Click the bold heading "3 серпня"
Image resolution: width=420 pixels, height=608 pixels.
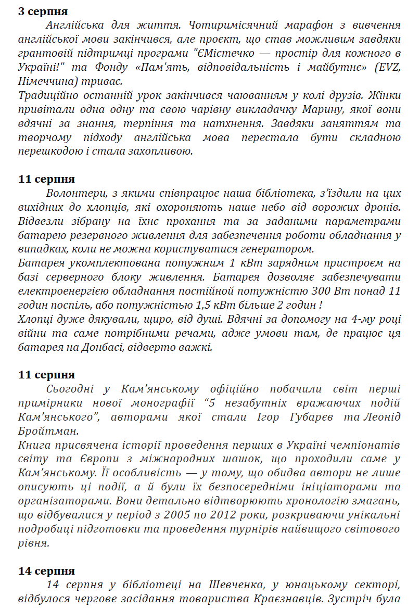click(x=43, y=11)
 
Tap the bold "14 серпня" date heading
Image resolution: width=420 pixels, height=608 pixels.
click(x=46, y=571)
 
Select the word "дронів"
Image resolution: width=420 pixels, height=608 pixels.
click(x=383, y=207)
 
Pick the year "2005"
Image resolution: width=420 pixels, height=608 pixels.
click(x=223, y=515)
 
